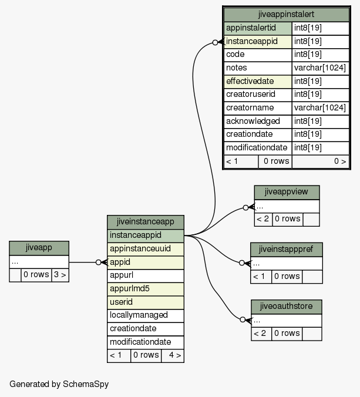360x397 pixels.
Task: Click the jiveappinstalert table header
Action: [x=287, y=15]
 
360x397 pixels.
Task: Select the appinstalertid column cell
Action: [x=258, y=28]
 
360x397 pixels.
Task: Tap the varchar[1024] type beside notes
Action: [x=320, y=68]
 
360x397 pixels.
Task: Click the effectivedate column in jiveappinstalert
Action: [x=258, y=82]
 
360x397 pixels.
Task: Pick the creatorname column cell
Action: [x=258, y=108]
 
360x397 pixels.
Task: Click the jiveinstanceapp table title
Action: [x=146, y=222]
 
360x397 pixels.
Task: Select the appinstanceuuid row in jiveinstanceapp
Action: [x=146, y=249]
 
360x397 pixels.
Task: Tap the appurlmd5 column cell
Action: [x=146, y=289]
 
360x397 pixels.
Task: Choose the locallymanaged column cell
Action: [x=146, y=315]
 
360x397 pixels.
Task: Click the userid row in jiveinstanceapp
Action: [x=146, y=302]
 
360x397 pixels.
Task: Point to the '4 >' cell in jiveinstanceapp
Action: [x=173, y=355]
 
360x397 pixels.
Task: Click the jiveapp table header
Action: [x=39, y=248]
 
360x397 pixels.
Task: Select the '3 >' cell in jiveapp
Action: [x=60, y=275]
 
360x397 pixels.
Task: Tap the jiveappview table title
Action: [x=287, y=193]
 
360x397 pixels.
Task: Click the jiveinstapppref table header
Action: [x=287, y=250]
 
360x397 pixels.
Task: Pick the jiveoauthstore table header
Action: [x=287, y=307]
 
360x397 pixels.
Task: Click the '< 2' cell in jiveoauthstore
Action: [x=261, y=334]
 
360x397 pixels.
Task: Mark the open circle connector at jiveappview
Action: [x=245, y=208]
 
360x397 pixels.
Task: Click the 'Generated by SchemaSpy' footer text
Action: [x=59, y=384]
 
